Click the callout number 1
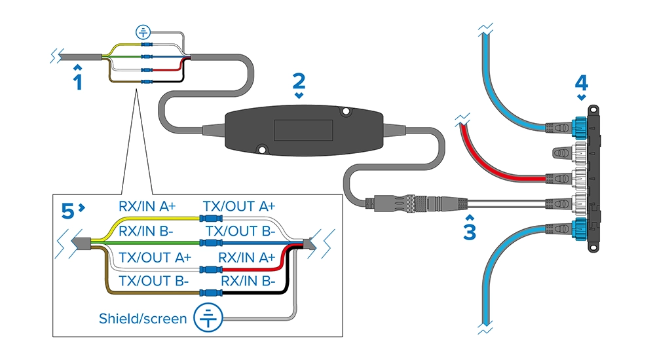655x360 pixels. click(78, 82)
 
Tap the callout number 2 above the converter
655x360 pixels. click(299, 81)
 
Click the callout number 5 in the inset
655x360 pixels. click(67, 211)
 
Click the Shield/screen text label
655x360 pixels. click(143, 319)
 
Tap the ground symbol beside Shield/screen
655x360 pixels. click(208, 318)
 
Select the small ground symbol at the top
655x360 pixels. click(143, 31)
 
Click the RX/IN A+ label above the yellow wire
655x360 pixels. click(147, 206)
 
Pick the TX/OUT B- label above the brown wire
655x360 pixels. click(154, 281)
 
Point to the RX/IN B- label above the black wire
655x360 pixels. click(248, 281)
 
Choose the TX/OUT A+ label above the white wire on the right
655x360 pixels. click(239, 206)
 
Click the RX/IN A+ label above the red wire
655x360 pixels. click(247, 258)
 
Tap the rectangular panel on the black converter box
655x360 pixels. click(303, 130)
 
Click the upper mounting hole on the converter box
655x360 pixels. click(345, 111)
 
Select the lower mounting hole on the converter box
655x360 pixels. click(262, 149)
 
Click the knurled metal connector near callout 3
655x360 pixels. click(415, 204)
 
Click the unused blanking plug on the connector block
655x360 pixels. click(562, 153)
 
